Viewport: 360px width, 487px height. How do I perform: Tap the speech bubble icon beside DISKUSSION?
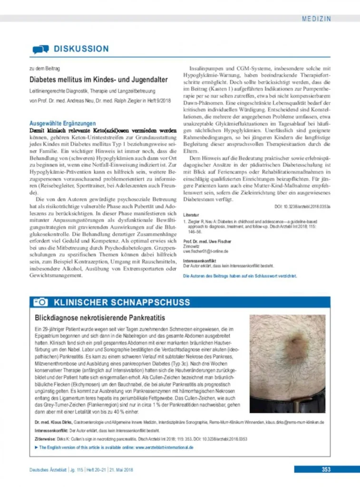(40, 49)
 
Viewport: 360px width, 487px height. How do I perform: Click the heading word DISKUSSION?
(81, 49)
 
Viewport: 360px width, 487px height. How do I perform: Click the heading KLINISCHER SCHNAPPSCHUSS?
(122, 302)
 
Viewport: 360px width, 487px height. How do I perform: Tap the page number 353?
(326, 470)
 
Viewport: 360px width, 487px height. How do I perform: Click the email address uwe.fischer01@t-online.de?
(206, 251)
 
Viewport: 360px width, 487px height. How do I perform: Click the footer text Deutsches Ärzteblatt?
(48, 470)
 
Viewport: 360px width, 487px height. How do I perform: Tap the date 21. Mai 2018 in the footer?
(122, 470)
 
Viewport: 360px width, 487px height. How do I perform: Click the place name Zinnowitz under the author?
(192, 246)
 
